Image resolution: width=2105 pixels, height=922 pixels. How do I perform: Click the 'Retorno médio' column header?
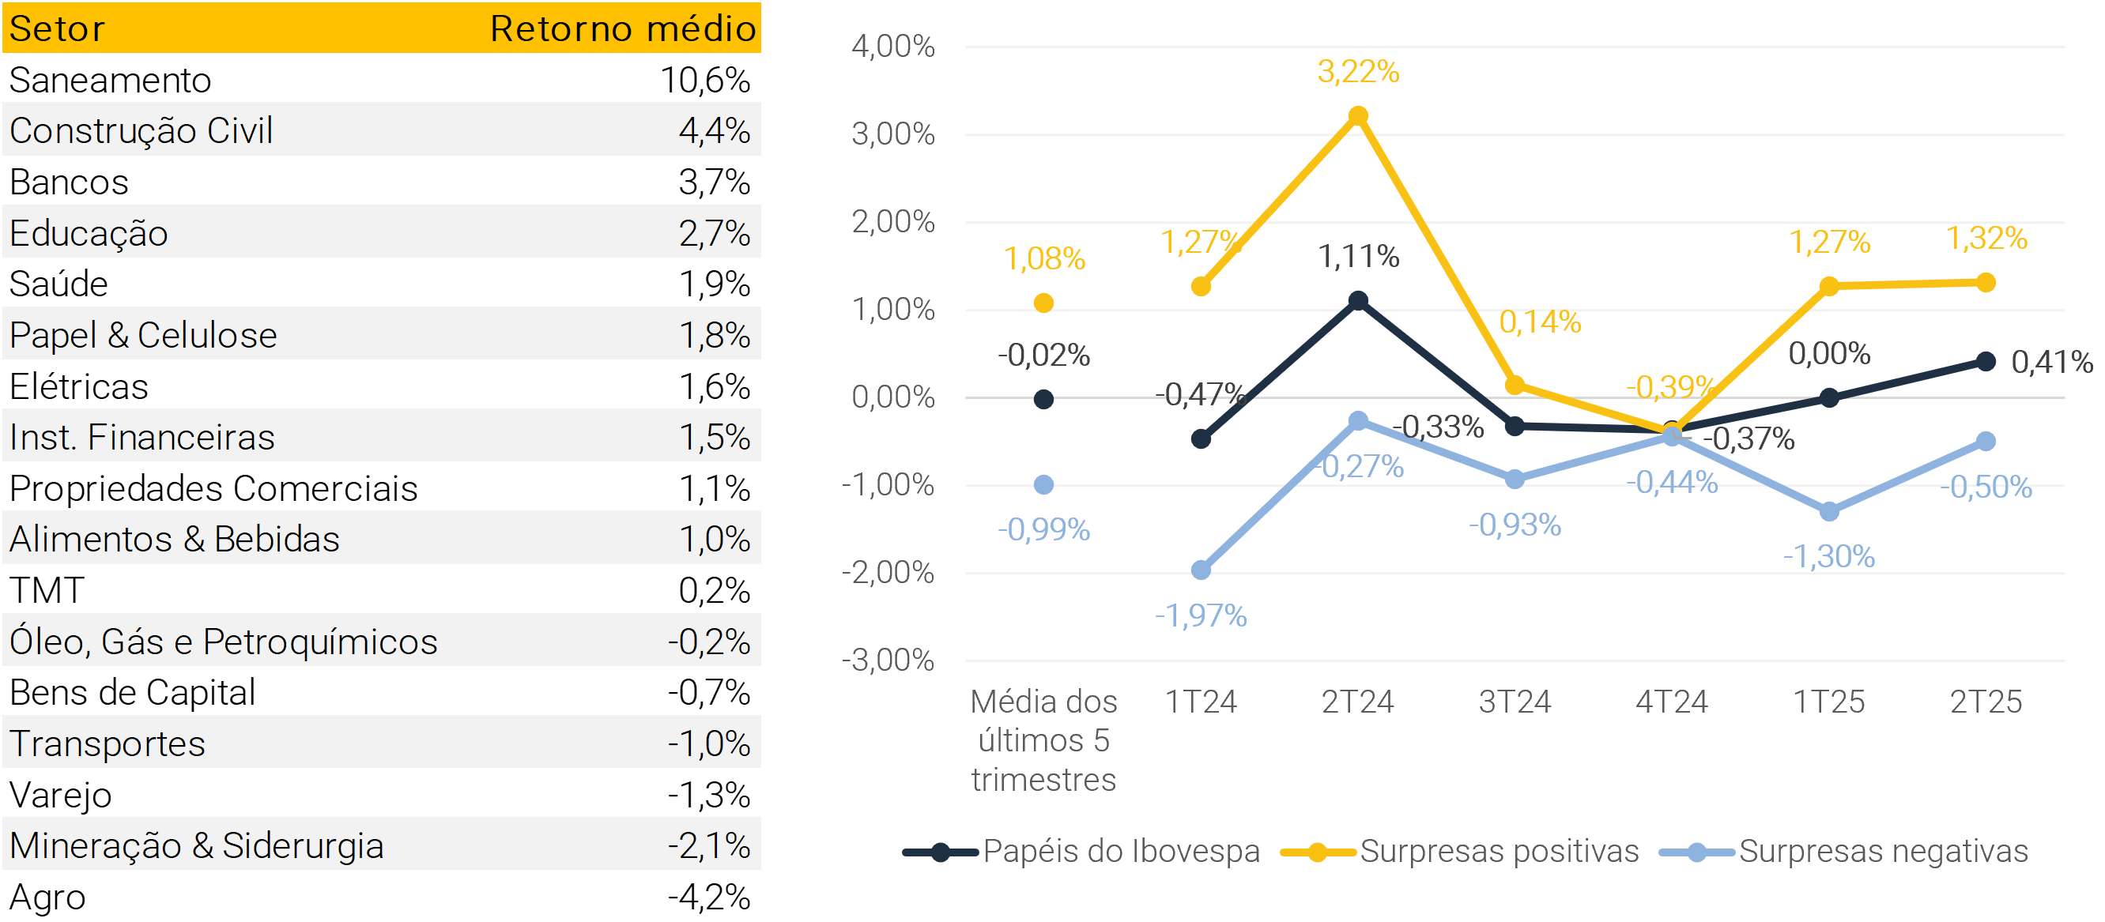623,28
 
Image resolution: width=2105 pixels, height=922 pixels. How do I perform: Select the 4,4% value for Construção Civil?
715,130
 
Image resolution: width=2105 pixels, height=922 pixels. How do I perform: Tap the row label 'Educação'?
89,234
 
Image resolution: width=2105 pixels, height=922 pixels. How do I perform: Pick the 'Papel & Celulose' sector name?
143,335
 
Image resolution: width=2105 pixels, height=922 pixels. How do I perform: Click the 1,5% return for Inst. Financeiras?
715,437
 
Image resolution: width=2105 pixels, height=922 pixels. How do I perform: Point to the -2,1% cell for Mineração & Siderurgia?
708,845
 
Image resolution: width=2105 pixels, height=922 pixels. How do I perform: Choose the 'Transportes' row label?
107,743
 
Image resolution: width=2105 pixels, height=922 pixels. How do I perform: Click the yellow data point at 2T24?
1358,116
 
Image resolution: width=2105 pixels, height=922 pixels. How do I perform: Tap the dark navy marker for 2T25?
1986,362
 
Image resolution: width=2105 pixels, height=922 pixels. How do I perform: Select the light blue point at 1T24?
1202,570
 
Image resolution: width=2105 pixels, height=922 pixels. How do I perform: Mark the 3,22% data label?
1358,72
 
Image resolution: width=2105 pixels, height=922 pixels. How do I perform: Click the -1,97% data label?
1201,615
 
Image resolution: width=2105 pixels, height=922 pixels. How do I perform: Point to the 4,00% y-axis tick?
893,47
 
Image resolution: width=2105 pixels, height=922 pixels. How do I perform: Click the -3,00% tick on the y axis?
888,660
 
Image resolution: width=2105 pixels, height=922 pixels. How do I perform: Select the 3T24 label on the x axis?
1515,702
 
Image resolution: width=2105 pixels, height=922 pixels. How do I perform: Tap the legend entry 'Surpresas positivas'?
1499,851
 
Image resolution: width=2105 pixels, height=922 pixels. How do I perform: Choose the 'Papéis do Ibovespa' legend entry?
1120,851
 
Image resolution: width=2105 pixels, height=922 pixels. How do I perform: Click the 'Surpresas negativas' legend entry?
1883,851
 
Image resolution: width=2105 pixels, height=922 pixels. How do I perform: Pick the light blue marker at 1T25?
1830,512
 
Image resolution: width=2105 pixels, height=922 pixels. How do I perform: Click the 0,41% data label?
2051,362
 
